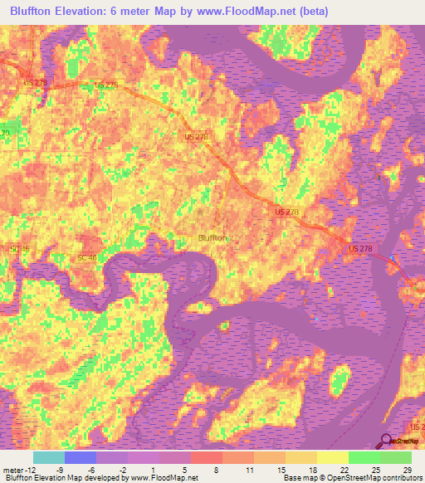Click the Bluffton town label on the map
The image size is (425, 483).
(213, 237)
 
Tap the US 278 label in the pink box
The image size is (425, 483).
(361, 248)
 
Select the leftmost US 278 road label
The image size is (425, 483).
(35, 83)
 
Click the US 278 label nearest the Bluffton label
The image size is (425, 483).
(286, 212)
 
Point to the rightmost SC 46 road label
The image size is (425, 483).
(86, 259)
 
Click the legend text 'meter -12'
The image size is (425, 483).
(17, 470)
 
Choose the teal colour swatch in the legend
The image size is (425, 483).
(48, 457)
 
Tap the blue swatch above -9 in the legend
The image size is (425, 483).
(80, 457)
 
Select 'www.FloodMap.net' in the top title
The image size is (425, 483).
(242, 11)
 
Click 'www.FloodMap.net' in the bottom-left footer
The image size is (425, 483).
(168, 478)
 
